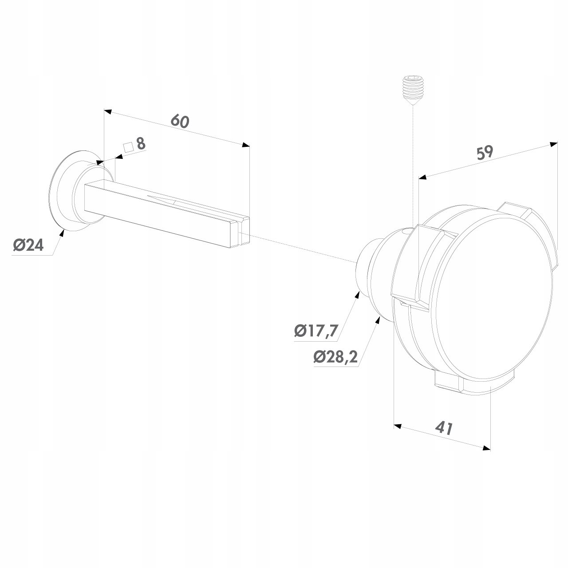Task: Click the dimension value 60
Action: pos(180,121)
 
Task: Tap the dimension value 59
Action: pos(485,152)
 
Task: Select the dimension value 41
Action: pos(444,428)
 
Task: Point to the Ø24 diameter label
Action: pos(28,245)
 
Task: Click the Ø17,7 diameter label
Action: pos(316,331)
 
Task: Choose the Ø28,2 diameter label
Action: pos(336,357)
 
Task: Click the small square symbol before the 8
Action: pos(128,147)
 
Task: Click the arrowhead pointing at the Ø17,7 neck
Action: pos(357,295)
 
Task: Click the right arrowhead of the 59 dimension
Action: pos(553,144)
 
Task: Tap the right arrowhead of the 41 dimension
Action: pos(486,448)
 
